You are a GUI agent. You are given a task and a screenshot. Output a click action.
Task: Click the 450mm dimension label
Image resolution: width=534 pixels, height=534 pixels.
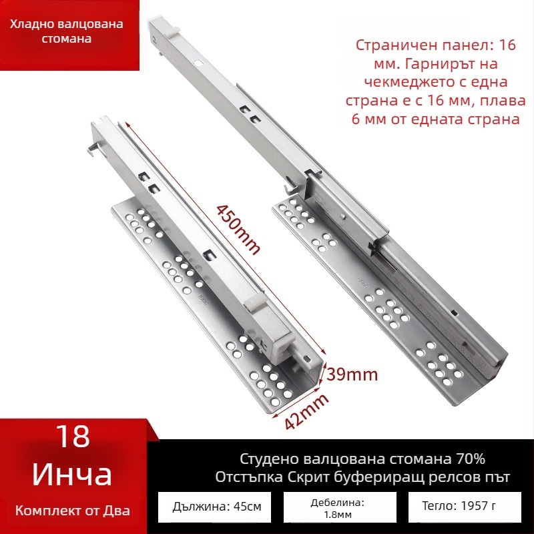coord(237,227)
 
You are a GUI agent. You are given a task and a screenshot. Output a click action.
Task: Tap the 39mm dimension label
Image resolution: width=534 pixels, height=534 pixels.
coord(352,374)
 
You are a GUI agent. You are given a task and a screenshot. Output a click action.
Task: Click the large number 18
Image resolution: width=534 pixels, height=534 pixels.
coord(71,437)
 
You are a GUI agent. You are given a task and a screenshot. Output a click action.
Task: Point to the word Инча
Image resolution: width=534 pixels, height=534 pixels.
coord(71,475)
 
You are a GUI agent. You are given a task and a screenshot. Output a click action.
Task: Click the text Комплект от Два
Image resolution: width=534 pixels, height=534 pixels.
coord(72,511)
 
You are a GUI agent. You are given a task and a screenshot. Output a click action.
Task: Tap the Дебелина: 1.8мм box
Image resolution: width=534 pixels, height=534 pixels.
coord(336,508)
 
